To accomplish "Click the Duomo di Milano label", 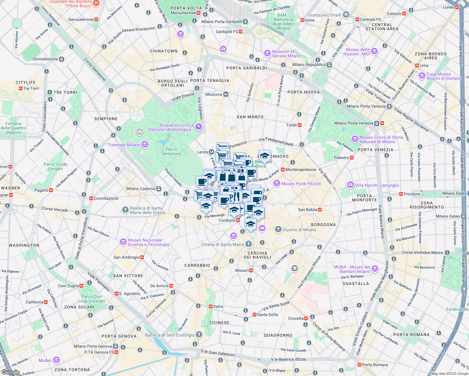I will click(299, 230).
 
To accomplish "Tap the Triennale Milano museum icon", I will click(145, 144).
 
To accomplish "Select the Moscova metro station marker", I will click(226, 94).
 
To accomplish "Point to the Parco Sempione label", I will click(171, 151).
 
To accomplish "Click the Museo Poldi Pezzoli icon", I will click(277, 183).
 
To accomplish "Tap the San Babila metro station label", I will click(308, 210).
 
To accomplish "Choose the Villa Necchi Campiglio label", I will click(377, 185).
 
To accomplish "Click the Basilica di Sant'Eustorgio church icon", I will click(199, 335).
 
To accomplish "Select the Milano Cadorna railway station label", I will click(141, 189).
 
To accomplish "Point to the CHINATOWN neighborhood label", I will click(164, 51).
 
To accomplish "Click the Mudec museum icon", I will click(56, 360).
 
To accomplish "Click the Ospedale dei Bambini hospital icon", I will click(96, 3).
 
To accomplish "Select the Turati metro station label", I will click(292, 125).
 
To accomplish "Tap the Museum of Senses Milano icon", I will click(267, 53).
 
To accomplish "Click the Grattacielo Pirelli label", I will click(324, 15).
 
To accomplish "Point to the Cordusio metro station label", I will click(227, 220).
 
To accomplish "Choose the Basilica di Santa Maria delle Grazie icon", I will click(125, 210).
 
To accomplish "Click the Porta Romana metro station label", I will click(375, 365).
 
